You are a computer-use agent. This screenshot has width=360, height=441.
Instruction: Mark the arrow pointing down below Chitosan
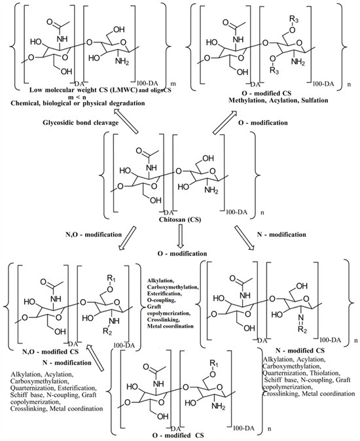[x=181, y=239]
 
